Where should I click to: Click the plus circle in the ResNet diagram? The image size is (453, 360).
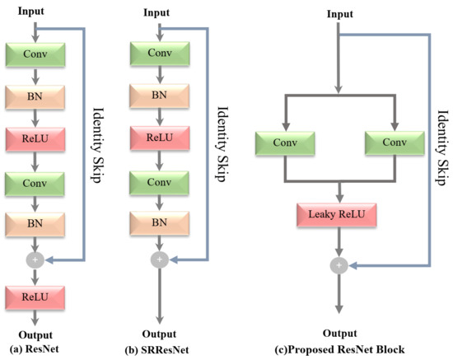(35, 258)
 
